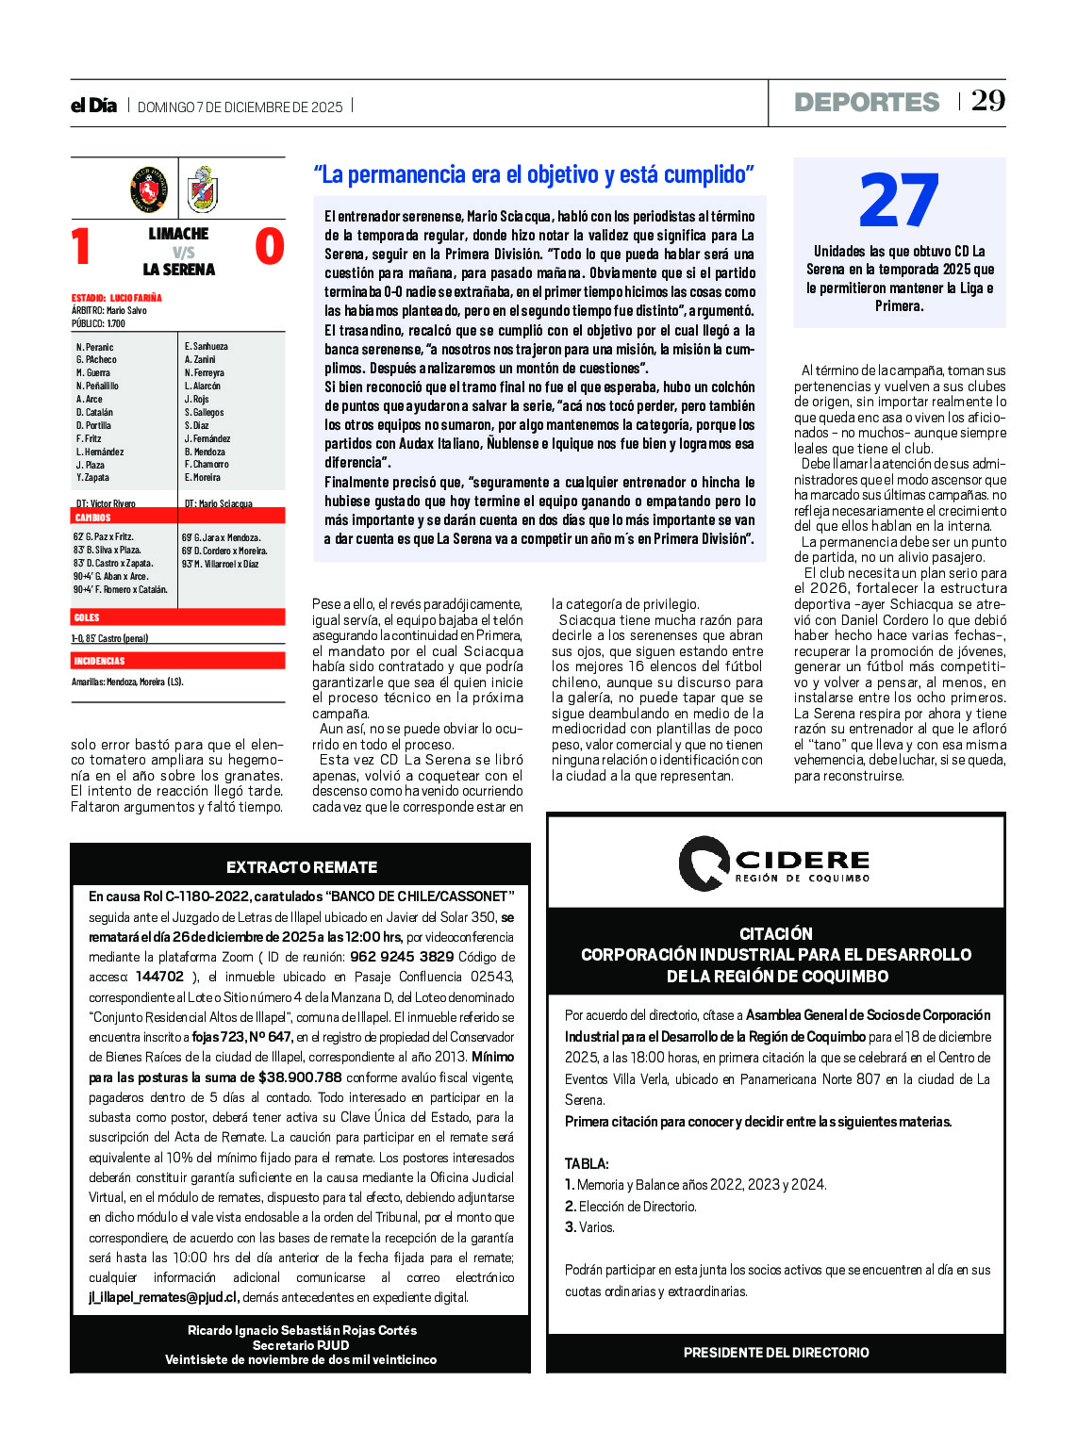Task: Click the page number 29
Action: [988, 101]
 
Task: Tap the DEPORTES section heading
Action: [867, 102]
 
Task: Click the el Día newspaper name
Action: [93, 106]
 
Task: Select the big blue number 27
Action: [899, 201]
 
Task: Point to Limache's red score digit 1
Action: [82, 247]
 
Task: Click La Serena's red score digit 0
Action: [270, 247]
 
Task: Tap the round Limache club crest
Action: [149, 189]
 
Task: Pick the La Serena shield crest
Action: [202, 189]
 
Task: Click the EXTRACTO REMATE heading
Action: [301, 867]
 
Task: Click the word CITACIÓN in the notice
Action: [775, 933]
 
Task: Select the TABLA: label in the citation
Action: [587, 1163]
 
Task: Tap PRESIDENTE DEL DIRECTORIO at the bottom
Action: [776, 1353]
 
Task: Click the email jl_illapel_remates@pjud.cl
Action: [163, 1297]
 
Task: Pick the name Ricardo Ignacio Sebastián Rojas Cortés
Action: [302, 1330]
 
